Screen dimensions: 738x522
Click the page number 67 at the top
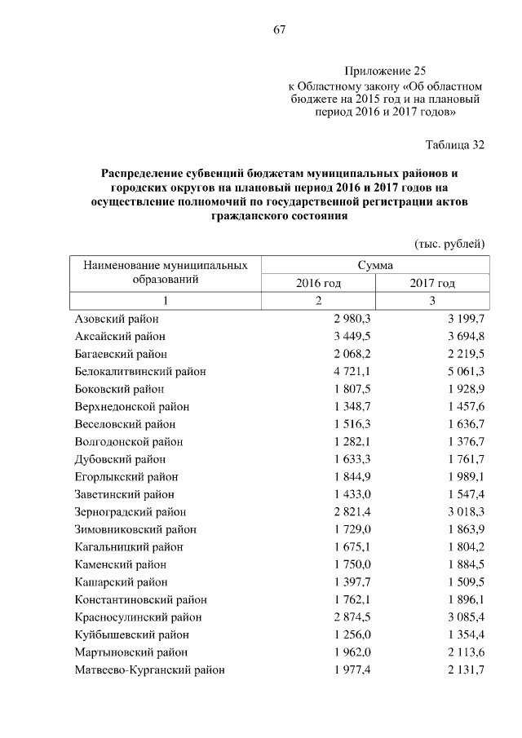click(278, 30)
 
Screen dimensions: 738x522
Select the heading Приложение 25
click(385, 71)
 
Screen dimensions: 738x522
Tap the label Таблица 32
click(455, 145)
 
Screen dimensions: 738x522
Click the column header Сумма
click(375, 265)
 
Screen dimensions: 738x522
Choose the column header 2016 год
click(318, 283)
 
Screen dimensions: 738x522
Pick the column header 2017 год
click(432, 283)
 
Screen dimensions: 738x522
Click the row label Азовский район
click(117, 318)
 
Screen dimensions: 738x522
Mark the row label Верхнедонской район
click(131, 406)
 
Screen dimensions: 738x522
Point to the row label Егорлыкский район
click(126, 476)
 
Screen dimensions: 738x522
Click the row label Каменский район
click(122, 564)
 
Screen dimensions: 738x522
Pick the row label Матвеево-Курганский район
click(149, 670)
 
